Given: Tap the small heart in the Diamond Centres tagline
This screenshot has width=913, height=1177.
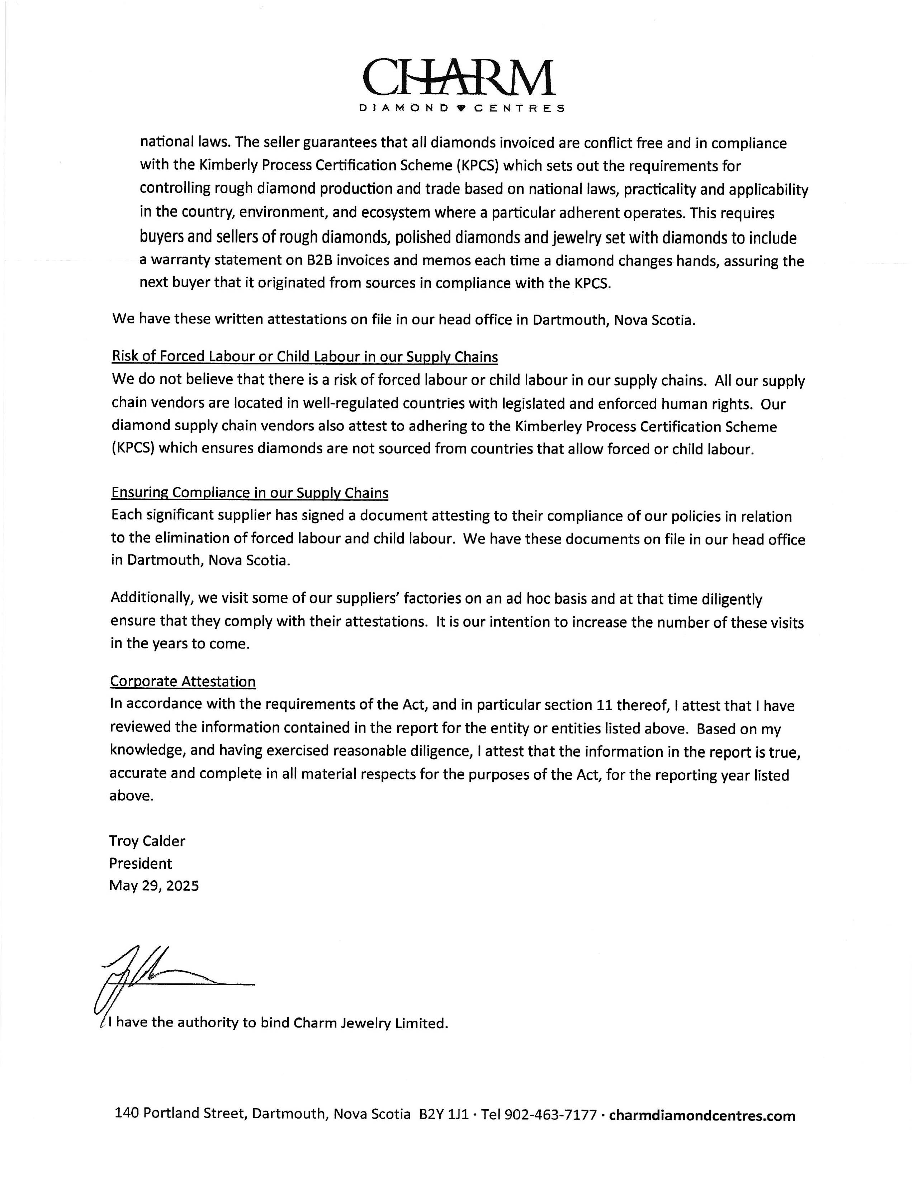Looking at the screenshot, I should coord(460,108).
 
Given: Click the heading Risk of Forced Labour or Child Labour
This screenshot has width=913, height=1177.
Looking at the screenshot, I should coord(304,357).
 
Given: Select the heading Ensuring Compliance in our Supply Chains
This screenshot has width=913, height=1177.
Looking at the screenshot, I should coord(250,493).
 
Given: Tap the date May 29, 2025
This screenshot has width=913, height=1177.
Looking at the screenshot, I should coord(153,886).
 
